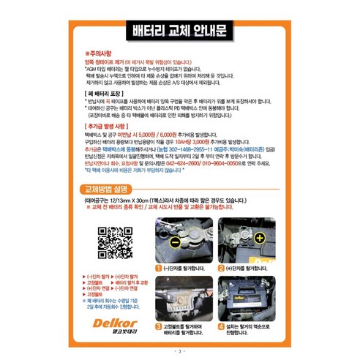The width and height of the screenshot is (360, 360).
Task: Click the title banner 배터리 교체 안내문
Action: pyautogui.click(x=179, y=31)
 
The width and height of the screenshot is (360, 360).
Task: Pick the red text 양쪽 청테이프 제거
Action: pyautogui.click(x=107, y=62)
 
